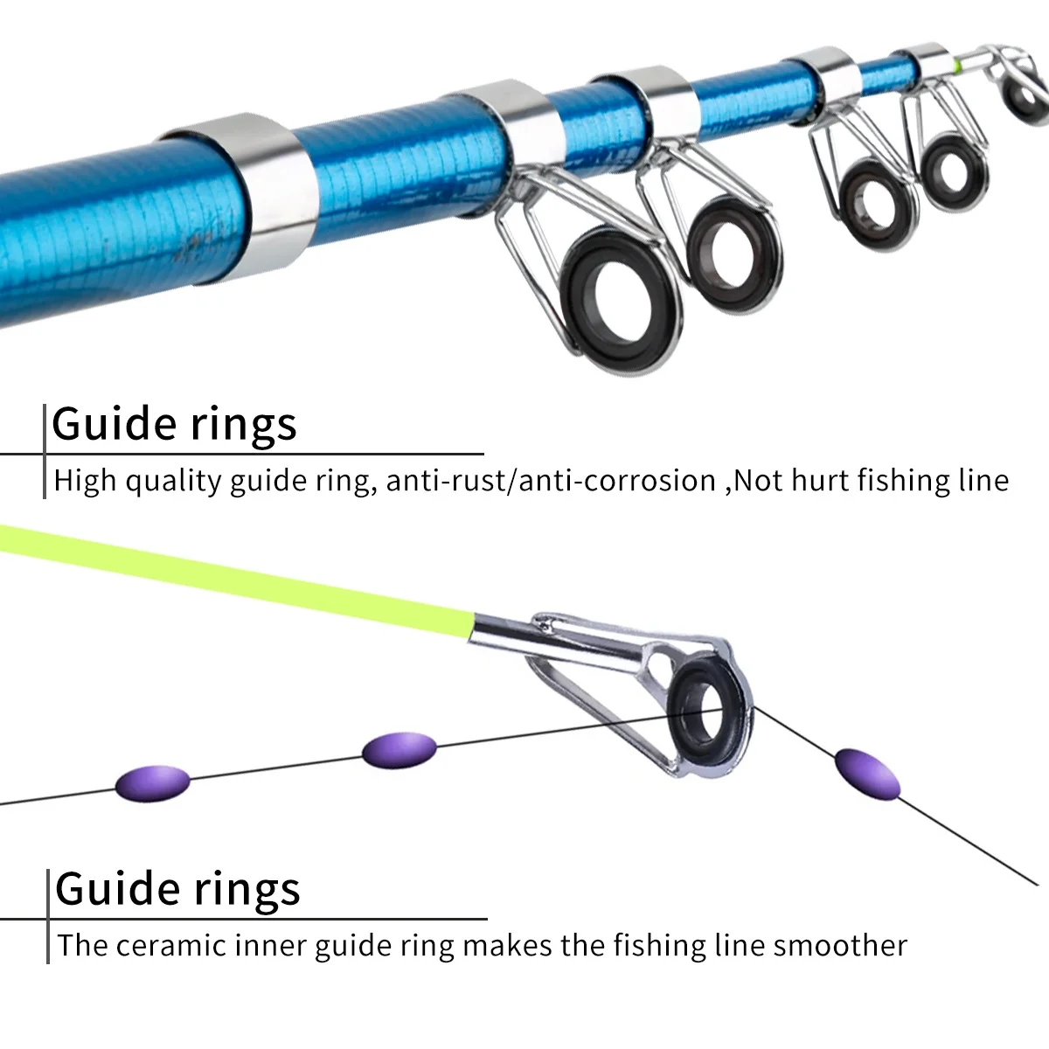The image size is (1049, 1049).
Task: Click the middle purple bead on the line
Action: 399,750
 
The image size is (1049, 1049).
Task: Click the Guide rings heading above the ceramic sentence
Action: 177,888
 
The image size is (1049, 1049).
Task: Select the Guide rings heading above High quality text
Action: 175,424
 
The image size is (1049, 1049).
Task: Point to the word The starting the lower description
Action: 82,946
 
